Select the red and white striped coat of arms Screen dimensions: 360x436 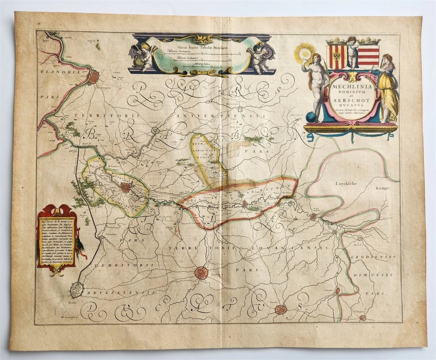tap(369, 55)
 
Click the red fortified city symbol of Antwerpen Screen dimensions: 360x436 tap(94, 77)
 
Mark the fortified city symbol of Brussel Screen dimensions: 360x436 tap(77, 290)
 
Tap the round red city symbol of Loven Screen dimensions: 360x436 tap(201, 273)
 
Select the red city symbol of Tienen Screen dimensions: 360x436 tap(281, 309)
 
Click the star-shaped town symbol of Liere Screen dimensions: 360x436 tap(156, 130)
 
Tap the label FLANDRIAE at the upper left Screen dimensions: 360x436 tap(57, 73)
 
